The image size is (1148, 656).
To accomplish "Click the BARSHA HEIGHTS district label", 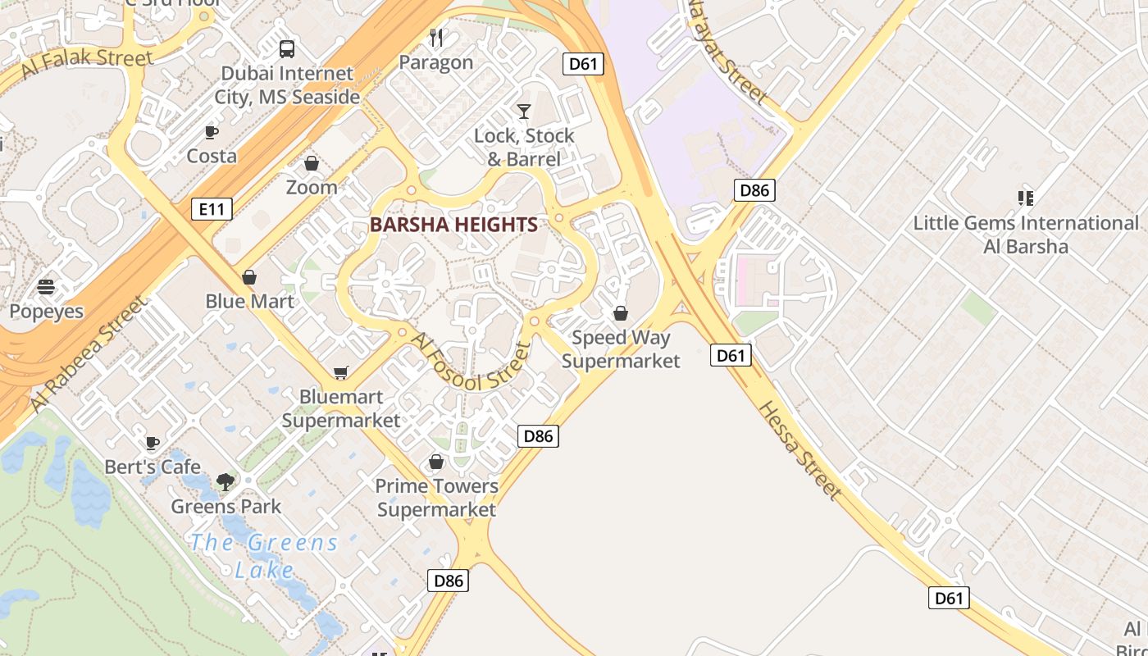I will [453, 225].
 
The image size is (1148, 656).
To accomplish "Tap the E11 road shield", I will [212, 209].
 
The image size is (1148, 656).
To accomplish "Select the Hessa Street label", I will [799, 450].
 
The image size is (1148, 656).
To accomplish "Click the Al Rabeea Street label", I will [89, 353].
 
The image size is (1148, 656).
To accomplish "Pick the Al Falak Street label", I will [87, 63].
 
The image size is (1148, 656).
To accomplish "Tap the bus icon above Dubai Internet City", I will [287, 49].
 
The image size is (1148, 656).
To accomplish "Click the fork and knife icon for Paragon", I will [436, 38].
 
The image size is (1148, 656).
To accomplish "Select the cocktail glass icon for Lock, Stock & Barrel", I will [524, 111].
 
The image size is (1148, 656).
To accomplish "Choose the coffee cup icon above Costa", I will [212, 132].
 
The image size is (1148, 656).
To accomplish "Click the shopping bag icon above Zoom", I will [312, 163].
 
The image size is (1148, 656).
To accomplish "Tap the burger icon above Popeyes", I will [46, 287].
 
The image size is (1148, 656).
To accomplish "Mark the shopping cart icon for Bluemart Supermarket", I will [341, 373].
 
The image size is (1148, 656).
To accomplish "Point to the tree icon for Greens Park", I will [225, 482].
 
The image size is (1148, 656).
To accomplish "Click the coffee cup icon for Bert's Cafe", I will [153, 443].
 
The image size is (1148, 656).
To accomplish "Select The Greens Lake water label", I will [264, 555].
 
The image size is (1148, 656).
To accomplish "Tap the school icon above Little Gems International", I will [1025, 198].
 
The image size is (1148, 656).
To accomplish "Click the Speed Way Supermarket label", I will [621, 348].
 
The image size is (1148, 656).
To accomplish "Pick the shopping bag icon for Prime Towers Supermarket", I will [436, 462].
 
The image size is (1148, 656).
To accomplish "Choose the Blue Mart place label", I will [249, 301].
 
